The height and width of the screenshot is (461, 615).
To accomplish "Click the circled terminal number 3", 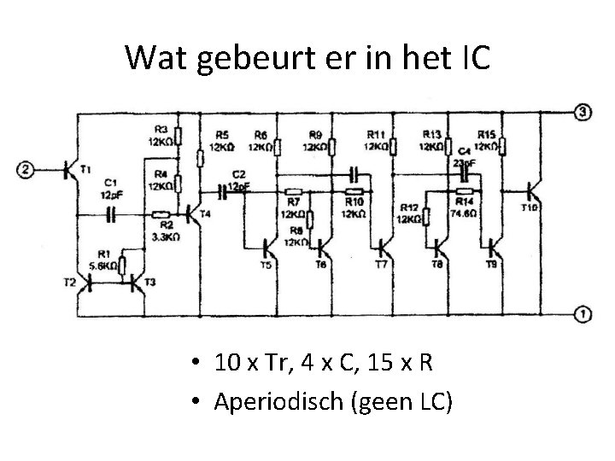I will coord(582,113).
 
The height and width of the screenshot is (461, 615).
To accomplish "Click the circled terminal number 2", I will coord(27,170).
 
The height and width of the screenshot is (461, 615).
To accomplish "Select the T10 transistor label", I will coord(530,207).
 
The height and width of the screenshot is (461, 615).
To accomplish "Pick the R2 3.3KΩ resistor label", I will coord(160,231).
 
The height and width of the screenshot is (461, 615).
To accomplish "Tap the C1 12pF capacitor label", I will coord(111,188).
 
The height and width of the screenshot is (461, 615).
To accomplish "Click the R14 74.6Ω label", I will coord(464,209).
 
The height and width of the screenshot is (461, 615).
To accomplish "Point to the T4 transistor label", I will coord(205,213).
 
